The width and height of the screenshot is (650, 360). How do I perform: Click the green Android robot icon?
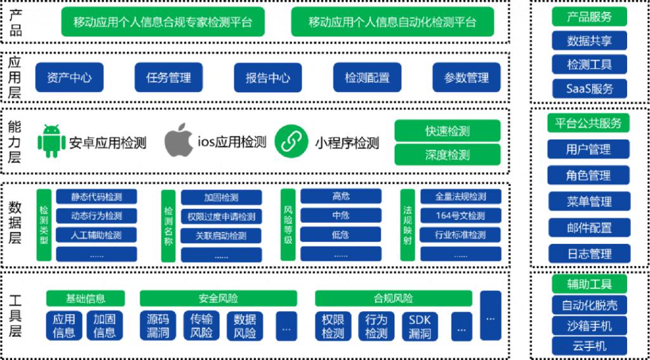click(x=52, y=141)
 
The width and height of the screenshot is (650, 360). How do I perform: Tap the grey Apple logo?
click(x=178, y=140)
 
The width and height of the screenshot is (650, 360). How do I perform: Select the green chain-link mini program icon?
click(x=292, y=142)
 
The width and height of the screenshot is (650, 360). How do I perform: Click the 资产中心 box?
click(x=69, y=77)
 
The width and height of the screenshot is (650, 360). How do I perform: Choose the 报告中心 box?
click(x=268, y=77)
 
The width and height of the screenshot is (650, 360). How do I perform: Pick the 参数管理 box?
click(x=467, y=77)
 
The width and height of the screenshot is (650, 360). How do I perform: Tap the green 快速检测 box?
click(x=448, y=131)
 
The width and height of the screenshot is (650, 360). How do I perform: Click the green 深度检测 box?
click(x=448, y=155)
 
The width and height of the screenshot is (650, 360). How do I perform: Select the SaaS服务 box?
click(x=590, y=88)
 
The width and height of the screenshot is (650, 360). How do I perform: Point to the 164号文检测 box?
click(x=461, y=215)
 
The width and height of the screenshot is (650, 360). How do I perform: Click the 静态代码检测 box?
click(x=96, y=196)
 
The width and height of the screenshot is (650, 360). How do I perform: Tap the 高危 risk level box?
click(x=341, y=196)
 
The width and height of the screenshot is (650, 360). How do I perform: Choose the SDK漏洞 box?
click(x=420, y=326)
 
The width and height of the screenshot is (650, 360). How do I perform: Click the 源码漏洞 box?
click(x=158, y=326)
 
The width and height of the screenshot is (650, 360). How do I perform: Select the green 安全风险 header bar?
click(x=218, y=298)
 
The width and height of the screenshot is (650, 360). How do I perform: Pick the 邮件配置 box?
click(x=589, y=228)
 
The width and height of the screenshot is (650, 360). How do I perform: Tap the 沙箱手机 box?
click(x=590, y=326)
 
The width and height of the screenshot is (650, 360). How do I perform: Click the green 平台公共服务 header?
click(x=588, y=123)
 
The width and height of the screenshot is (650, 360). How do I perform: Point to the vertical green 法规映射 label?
click(x=408, y=225)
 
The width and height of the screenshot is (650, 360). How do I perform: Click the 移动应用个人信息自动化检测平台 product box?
click(x=392, y=22)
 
